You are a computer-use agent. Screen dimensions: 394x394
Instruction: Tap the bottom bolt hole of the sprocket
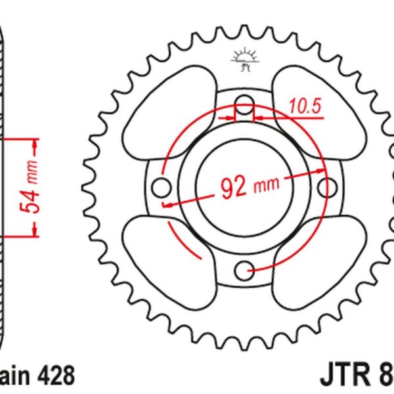244,268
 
